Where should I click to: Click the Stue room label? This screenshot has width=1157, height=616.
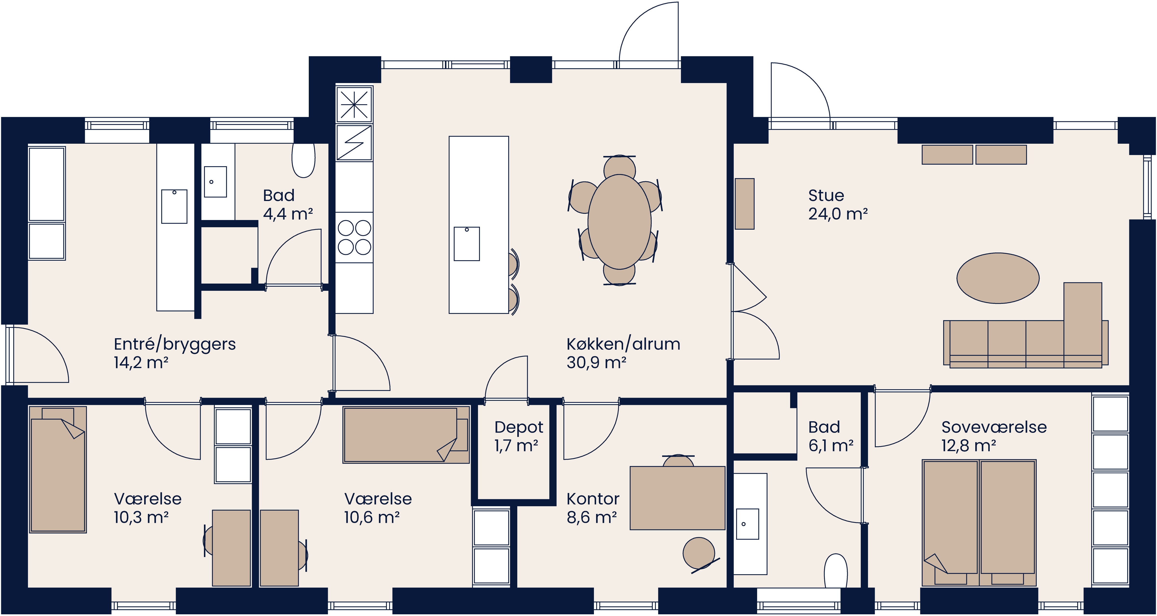pos(826,196)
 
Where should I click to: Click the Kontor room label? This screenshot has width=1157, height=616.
pos(592,499)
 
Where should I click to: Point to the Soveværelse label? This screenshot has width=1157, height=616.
pos(994,427)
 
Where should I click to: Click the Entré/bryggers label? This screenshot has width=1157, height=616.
pos(174,344)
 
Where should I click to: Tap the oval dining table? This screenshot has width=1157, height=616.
pos(619,222)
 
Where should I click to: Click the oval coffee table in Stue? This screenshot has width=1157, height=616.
pos(998,278)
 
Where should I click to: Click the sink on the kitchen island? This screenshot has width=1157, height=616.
pos(467,244)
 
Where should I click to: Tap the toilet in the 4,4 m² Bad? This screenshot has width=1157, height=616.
pos(304,160)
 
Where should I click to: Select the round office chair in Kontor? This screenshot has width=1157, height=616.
pos(699,553)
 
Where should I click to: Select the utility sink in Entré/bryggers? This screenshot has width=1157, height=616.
pos(174,206)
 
